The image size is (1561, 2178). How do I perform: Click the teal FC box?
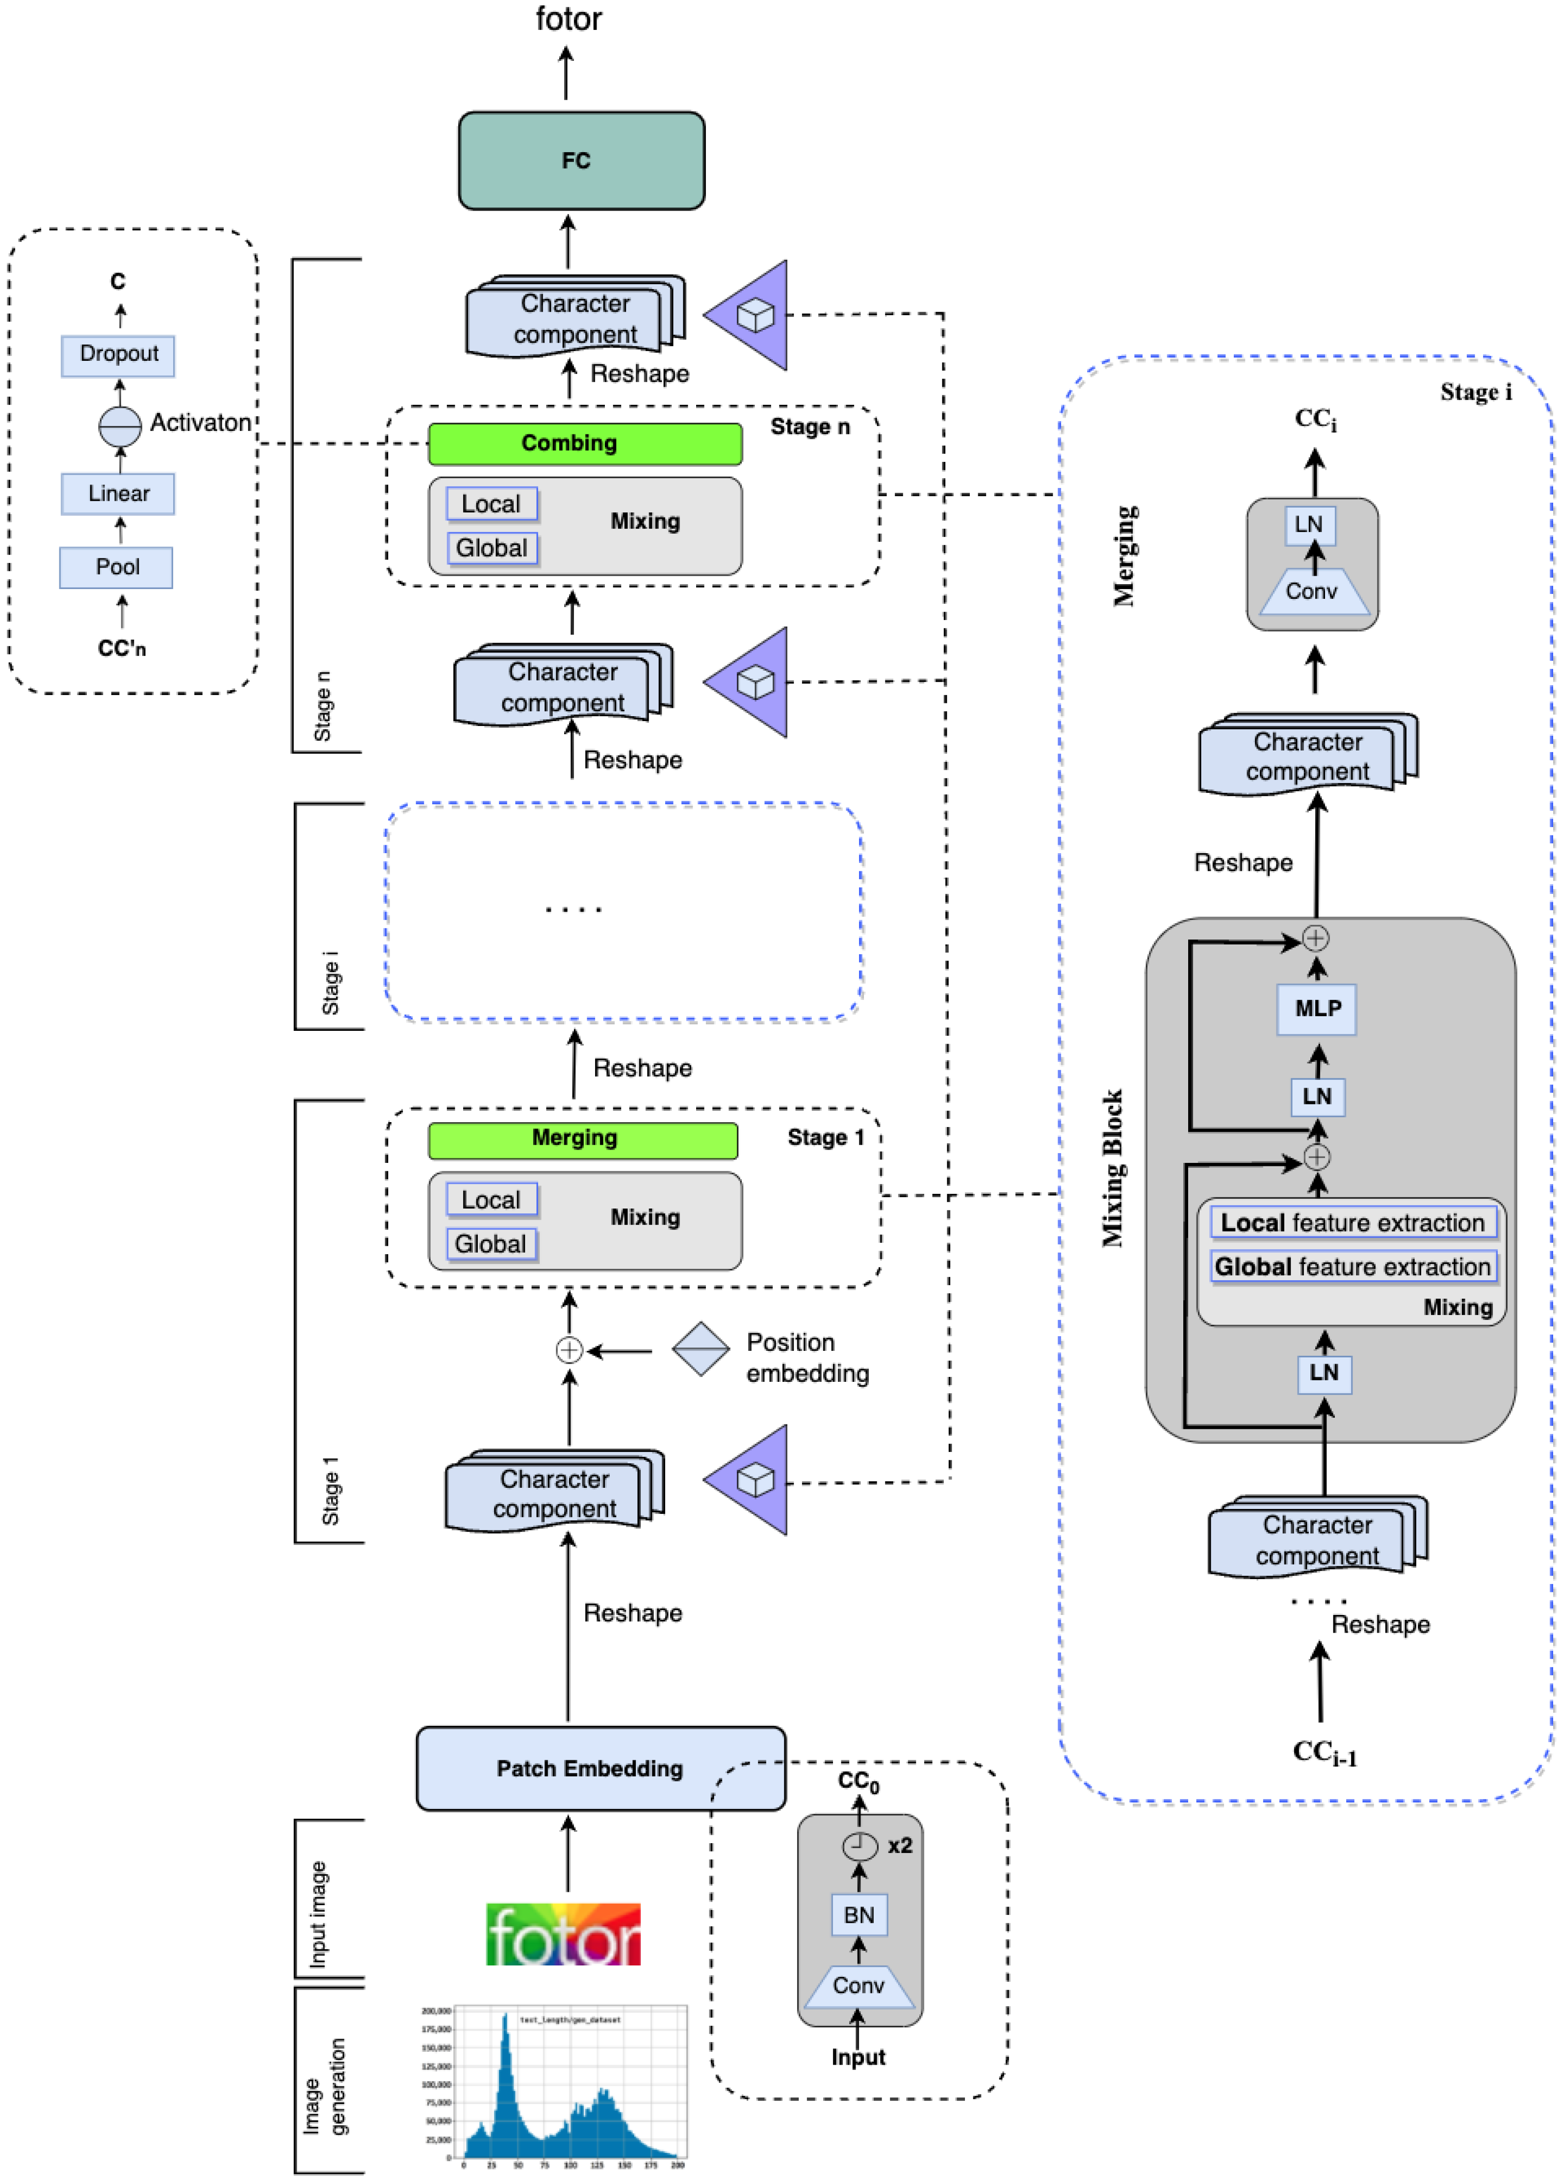pyautogui.click(x=581, y=161)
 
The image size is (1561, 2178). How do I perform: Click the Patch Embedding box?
pyautogui.click(x=600, y=1768)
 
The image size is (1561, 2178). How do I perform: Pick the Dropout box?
pyautogui.click(x=118, y=354)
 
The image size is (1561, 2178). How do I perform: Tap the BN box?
pyautogui.click(x=859, y=1915)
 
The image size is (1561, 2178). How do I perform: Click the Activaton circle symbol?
pyautogui.click(x=120, y=426)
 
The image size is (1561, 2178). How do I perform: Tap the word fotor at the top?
pyautogui.click(x=569, y=19)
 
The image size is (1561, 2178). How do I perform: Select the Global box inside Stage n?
pyautogui.click(x=492, y=548)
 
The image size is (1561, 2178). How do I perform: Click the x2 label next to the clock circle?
pyautogui.click(x=900, y=1845)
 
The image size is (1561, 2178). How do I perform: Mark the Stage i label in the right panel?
pyautogui.click(x=1476, y=392)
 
